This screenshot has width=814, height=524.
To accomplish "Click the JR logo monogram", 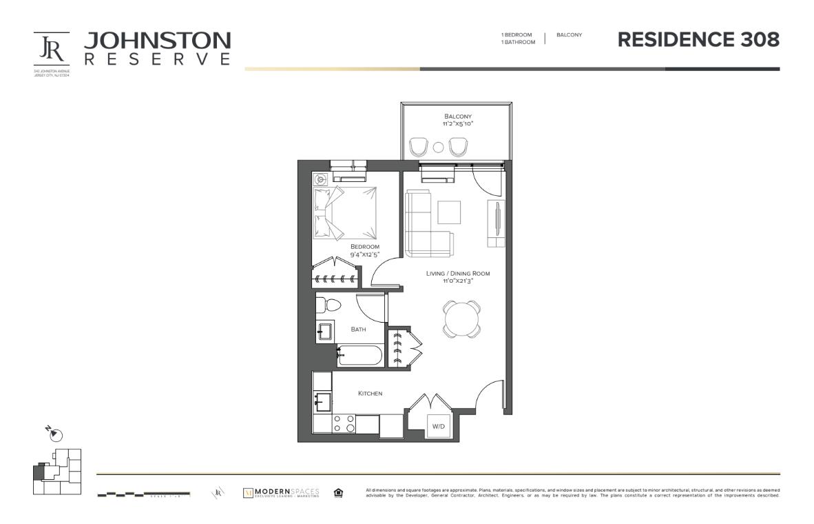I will [52, 49].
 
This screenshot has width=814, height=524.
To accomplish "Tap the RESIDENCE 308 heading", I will [698, 40].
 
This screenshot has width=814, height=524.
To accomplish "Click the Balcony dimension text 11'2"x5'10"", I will [458, 124].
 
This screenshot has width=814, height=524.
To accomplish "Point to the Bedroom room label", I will [364, 247].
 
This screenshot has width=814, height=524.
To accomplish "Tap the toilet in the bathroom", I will [328, 304].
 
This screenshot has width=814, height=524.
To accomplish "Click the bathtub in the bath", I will [357, 356].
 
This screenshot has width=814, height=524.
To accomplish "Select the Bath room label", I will [358, 330].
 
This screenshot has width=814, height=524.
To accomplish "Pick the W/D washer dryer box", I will [439, 426].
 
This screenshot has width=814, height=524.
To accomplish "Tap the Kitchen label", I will [370, 394].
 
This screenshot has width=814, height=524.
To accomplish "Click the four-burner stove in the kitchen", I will [344, 423].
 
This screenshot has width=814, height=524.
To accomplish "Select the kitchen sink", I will [322, 401].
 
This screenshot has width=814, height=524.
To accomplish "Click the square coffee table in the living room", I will [450, 212].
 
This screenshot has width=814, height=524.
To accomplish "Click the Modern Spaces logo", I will [282, 493].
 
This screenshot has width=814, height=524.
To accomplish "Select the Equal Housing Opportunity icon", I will [338, 492].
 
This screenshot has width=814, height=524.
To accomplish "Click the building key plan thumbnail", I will [56, 472].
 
